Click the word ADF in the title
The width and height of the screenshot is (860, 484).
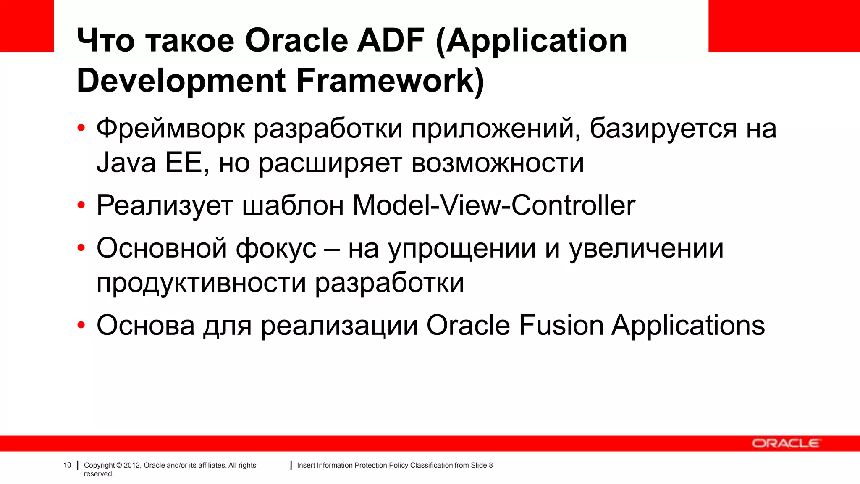tap(391, 41)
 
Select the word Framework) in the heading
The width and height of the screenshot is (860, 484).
tap(390, 81)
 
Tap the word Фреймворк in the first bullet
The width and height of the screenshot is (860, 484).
tap(170, 128)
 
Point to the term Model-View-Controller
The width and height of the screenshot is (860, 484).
tap(493, 205)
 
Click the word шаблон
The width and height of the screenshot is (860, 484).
tap(293, 205)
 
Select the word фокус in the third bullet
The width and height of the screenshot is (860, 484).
tap(275, 248)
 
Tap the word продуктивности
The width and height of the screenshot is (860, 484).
tap(201, 283)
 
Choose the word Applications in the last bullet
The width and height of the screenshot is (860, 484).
tap(688, 326)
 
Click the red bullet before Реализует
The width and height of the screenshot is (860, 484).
tap(81, 205)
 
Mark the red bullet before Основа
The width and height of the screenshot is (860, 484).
tap(81, 325)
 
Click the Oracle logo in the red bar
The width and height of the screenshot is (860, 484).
tap(785, 443)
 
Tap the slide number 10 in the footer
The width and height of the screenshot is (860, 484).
tap(67, 465)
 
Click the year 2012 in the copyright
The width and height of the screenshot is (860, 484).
tap(132, 465)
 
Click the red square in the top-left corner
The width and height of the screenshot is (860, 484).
tap(27, 26)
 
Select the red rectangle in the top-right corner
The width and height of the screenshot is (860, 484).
tap(784, 26)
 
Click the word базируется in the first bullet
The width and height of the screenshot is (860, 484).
tap(663, 128)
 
